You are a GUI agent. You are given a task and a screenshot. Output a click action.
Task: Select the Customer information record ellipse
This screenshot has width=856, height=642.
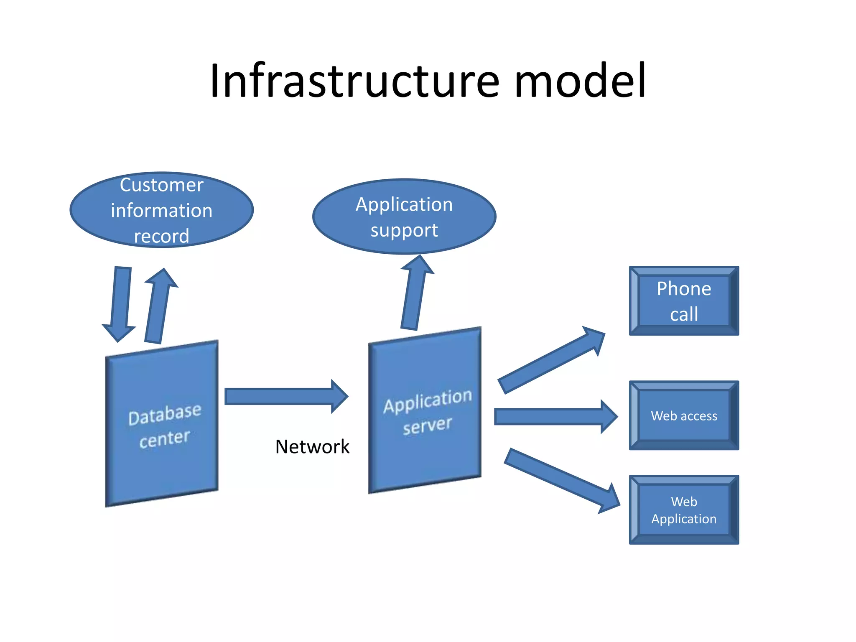(x=161, y=210)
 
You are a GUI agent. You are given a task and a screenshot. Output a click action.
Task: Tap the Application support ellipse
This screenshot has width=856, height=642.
(x=404, y=217)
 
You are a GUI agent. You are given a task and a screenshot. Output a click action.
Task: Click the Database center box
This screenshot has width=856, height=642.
(x=162, y=423)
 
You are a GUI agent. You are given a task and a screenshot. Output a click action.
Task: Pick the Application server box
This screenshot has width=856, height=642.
(x=425, y=410)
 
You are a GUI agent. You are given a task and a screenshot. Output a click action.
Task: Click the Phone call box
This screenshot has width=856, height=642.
(x=684, y=301)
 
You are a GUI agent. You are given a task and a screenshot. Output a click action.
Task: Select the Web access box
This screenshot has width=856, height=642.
(x=684, y=415)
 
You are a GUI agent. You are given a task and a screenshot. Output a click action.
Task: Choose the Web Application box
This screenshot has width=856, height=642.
(x=684, y=510)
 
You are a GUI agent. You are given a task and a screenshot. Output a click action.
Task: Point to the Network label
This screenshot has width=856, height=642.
(x=312, y=446)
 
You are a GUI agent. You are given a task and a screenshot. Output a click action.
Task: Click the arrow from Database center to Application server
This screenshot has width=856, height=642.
(x=284, y=396)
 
